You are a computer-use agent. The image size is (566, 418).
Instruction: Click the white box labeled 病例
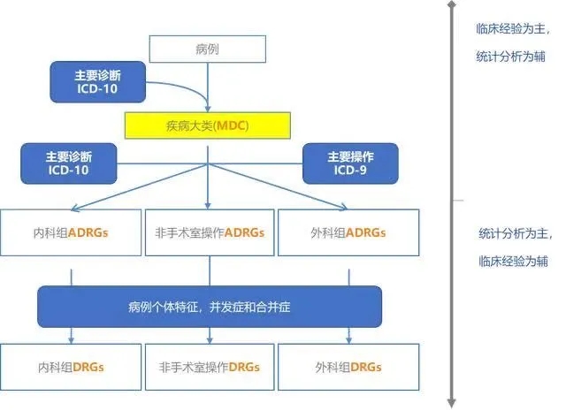click(x=207, y=49)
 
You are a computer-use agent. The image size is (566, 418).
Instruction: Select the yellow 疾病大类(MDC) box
click(x=207, y=125)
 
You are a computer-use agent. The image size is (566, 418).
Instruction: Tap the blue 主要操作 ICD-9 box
click(x=350, y=163)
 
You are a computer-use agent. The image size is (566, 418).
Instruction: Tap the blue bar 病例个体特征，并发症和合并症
click(x=209, y=307)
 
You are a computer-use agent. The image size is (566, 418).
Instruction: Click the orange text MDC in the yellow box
click(x=233, y=125)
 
